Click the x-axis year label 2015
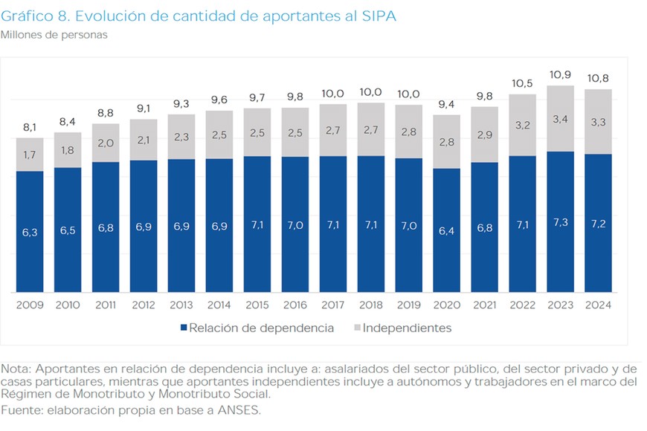click(x=257, y=305)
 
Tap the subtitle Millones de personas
click(x=54, y=35)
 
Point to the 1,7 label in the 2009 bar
click(x=30, y=155)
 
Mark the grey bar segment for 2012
click(x=144, y=140)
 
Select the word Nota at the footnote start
click(x=16, y=369)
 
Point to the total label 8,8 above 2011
click(x=106, y=113)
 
